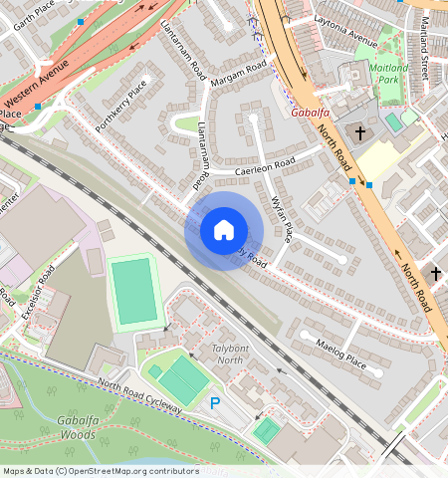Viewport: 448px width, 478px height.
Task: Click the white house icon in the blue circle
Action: [x=224, y=231]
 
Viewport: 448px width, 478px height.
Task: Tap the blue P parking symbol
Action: [x=214, y=403]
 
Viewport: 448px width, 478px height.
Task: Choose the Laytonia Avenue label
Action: [x=345, y=44]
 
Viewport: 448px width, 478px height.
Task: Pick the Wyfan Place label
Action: [x=282, y=218]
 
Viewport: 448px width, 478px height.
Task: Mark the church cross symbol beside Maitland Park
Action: [x=357, y=131]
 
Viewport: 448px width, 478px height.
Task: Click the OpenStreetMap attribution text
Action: [x=101, y=471]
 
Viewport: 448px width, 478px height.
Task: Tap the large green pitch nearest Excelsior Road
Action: [x=134, y=292]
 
